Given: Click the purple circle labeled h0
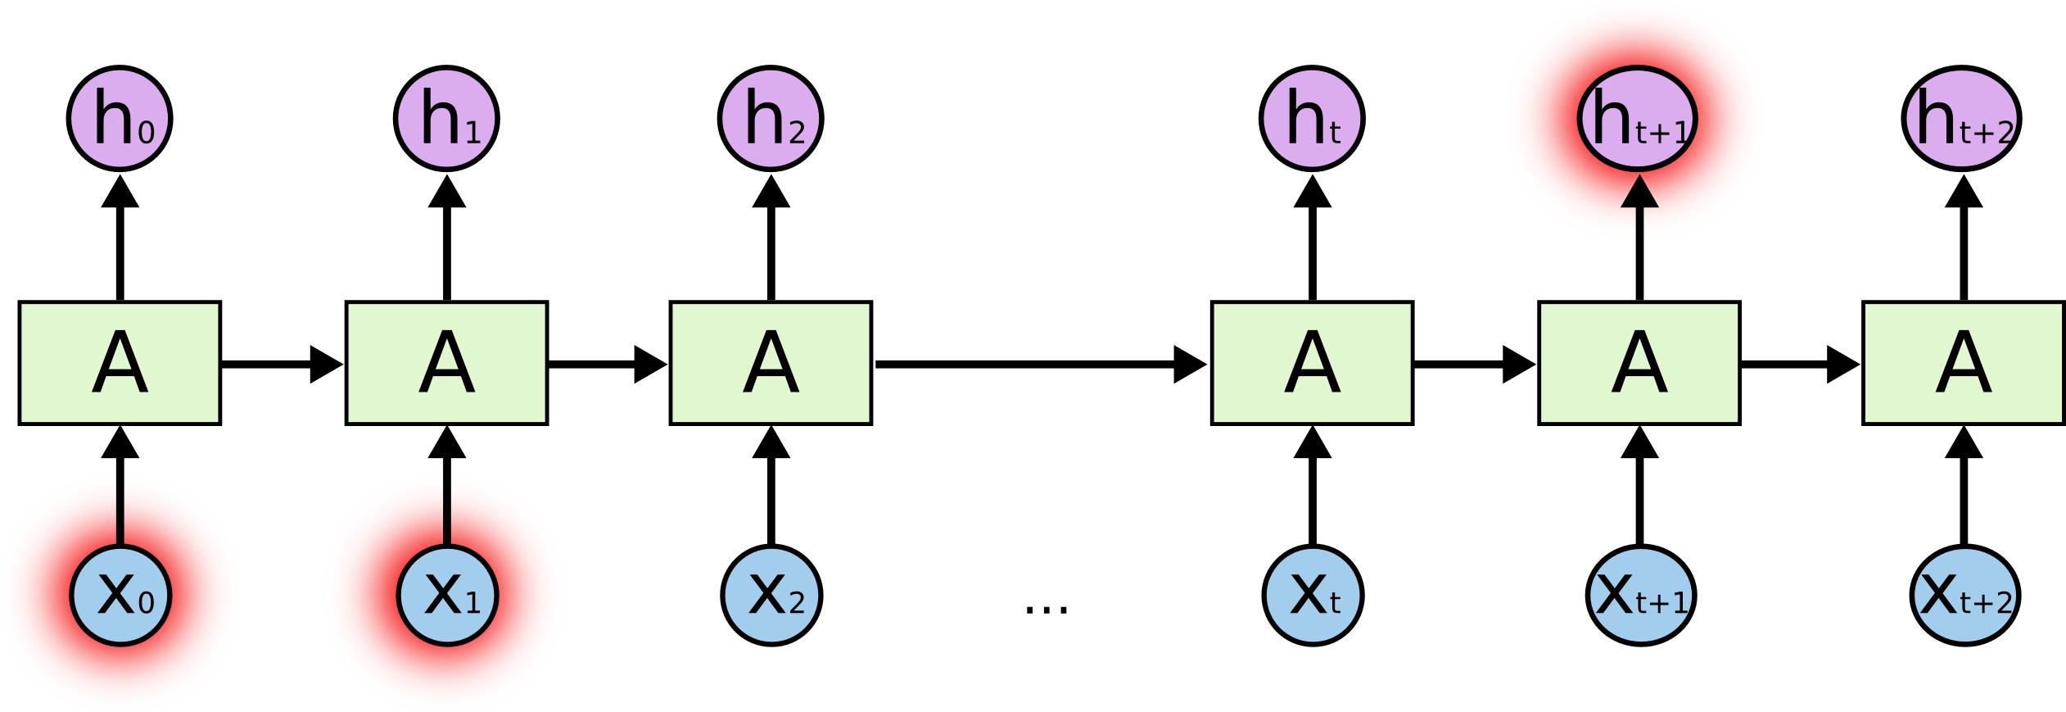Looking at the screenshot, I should click(120, 119).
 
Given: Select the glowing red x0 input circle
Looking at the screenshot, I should click(120, 596).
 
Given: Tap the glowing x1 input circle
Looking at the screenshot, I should click(447, 596).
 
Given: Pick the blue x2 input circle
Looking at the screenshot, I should click(771, 596).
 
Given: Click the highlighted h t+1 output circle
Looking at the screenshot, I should click(1637, 119).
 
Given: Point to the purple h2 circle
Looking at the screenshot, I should click(771, 119).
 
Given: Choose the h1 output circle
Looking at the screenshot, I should click(446, 119).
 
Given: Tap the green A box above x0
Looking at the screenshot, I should click(120, 363).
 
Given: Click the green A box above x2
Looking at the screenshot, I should click(771, 363).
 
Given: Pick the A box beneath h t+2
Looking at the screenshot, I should click(1963, 363).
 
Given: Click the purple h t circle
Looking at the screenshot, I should click(1312, 119).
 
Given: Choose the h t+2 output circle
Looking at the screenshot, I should click(1961, 119).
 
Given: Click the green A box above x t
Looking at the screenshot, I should click(1312, 363).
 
